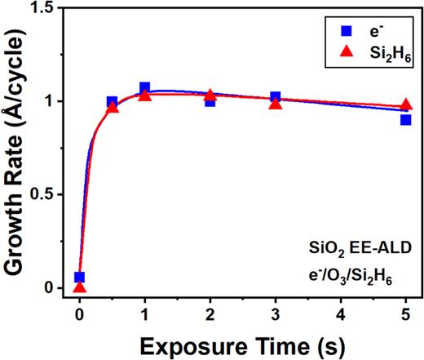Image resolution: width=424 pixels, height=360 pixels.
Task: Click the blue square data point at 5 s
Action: coord(405,119)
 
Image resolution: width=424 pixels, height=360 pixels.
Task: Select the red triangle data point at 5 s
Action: coord(405,105)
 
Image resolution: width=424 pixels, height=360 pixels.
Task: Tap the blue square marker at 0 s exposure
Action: coord(79,278)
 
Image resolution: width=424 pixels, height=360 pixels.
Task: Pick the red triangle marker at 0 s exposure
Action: coord(79,287)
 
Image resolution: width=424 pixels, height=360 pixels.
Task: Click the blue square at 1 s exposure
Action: coord(144,87)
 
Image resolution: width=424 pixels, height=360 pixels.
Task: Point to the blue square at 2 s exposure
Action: coord(210,101)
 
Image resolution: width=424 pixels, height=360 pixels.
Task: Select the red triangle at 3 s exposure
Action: coord(276,103)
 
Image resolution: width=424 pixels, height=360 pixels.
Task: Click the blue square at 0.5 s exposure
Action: coord(112,102)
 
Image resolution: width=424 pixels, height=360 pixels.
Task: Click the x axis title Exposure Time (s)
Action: coord(242,343)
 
